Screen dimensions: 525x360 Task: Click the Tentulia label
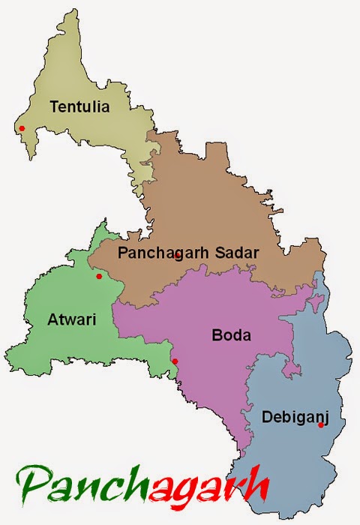[x=79, y=106]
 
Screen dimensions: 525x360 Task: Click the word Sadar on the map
[x=235, y=253]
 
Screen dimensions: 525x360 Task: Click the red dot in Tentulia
[x=22, y=128]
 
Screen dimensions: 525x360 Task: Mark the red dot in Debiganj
[x=320, y=425]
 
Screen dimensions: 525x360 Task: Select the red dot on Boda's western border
[x=175, y=361]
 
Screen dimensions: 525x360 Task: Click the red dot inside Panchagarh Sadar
[x=177, y=256]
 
